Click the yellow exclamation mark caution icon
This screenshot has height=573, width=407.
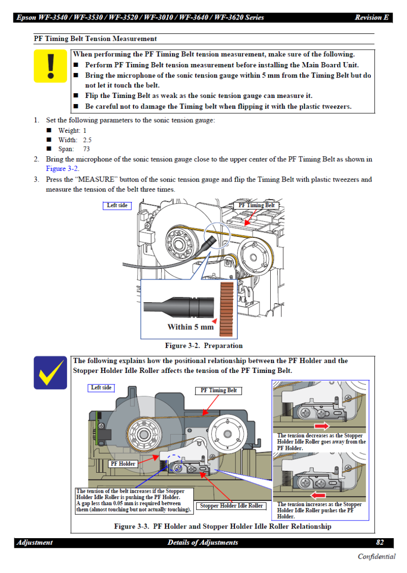[50, 66]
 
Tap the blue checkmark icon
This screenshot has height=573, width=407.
[50, 372]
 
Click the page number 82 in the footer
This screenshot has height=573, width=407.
[380, 542]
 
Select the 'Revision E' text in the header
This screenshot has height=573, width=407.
[371, 18]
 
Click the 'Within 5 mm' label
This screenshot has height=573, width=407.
[190, 327]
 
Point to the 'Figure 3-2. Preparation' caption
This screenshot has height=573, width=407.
[204, 346]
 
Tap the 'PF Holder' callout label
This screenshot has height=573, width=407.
[123, 464]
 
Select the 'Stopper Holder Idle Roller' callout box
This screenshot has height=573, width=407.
[231, 506]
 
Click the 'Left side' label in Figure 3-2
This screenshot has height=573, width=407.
[117, 205]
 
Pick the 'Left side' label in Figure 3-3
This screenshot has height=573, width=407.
[101, 388]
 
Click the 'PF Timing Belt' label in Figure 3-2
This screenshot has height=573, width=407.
[256, 205]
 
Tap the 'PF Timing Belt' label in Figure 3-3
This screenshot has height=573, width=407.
[219, 391]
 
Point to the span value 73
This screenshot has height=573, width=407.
[87, 149]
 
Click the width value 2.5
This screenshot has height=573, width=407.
[87, 140]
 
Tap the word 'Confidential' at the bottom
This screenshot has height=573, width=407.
[376, 556]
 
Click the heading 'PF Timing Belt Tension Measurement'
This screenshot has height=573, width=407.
[95, 39]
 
